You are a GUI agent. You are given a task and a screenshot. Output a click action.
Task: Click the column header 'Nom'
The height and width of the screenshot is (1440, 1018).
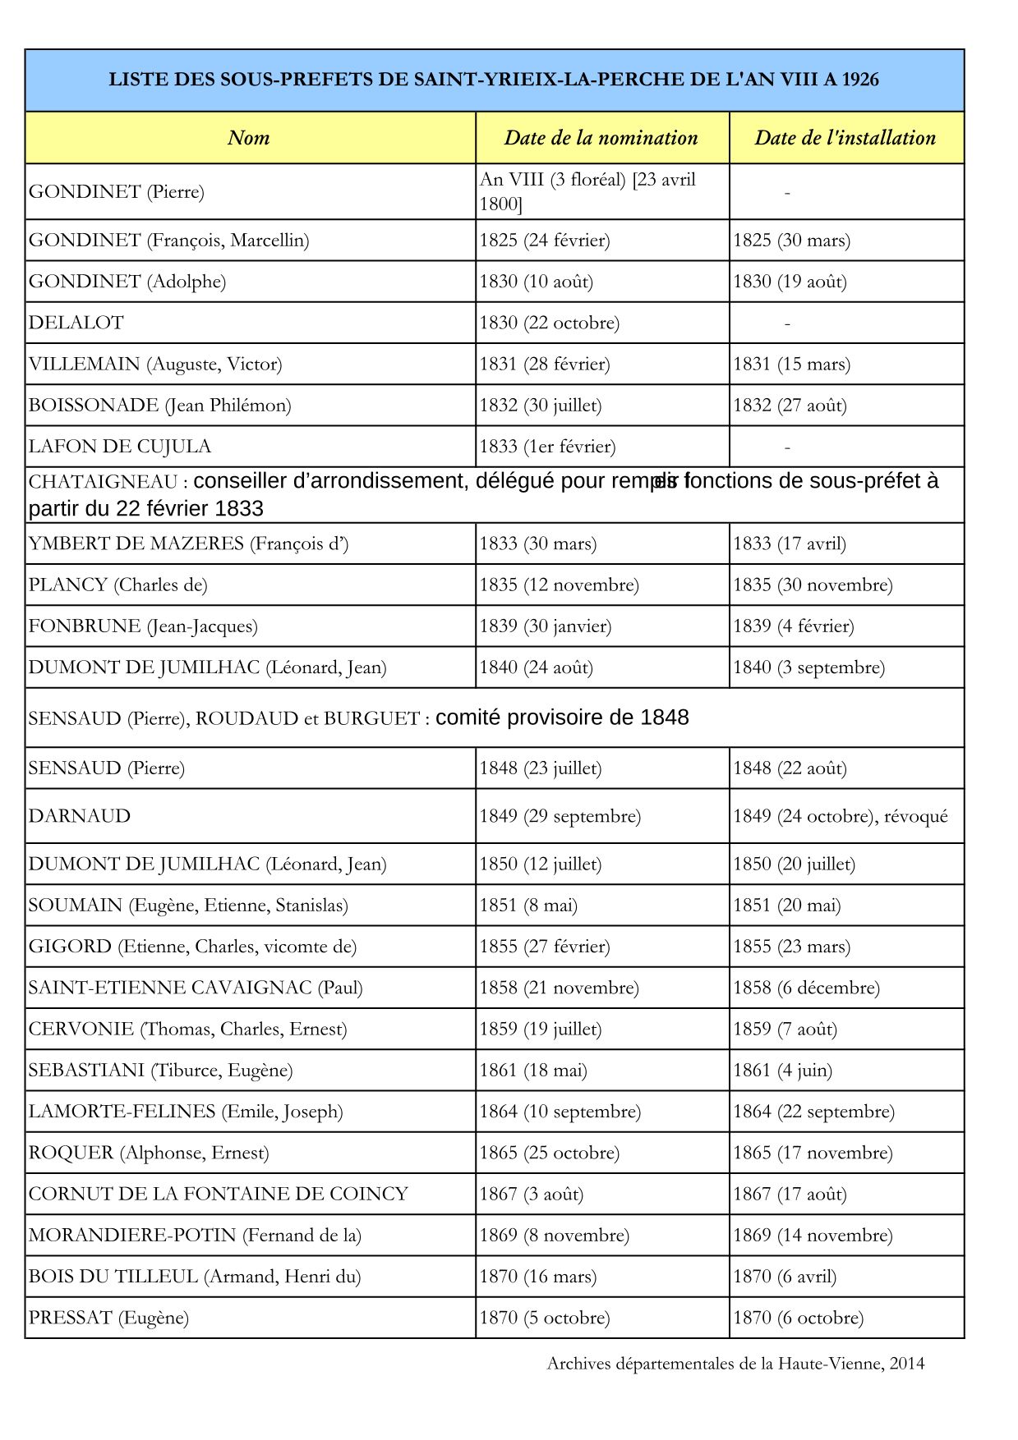point(248,138)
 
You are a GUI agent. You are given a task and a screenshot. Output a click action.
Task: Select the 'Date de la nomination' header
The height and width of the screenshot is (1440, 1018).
point(601,138)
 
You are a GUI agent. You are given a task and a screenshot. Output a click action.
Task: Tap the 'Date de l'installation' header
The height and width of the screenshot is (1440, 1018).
point(845,138)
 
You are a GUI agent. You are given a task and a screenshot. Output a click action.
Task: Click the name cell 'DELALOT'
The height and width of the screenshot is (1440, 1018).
point(76,323)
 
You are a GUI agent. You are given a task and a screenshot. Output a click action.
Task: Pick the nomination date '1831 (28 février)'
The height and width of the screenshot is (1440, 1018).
point(545,364)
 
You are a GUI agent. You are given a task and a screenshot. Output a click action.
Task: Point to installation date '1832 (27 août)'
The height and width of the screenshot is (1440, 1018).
point(790,405)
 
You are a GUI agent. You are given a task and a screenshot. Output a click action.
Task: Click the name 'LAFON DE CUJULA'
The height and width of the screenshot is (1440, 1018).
point(120,447)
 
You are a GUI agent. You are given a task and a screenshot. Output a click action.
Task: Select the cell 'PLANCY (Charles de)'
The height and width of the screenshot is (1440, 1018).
point(118,585)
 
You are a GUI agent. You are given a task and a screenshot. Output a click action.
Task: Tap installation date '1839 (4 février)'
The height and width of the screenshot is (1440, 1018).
point(794,626)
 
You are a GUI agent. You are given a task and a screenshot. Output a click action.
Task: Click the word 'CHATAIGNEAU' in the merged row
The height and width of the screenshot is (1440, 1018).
point(103,481)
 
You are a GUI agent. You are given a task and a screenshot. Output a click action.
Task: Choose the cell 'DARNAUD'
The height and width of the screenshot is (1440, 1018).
point(80,816)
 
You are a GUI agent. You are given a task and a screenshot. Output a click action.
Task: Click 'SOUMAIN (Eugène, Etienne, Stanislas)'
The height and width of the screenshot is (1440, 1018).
point(188,906)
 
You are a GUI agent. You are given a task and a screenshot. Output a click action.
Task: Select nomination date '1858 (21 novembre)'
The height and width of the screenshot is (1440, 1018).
point(559,988)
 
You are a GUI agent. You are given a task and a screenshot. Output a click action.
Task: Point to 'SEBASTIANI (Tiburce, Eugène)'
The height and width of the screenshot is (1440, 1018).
point(160,1071)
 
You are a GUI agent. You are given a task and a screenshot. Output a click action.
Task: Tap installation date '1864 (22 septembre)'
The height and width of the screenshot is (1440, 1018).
point(813,1112)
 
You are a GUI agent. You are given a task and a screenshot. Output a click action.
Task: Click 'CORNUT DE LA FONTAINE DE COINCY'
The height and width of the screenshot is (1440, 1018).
point(219,1194)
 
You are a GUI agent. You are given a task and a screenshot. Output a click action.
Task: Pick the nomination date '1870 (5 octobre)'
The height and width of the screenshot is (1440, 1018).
point(545,1318)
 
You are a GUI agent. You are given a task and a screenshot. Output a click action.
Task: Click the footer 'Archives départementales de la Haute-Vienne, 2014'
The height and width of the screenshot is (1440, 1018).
point(735,1364)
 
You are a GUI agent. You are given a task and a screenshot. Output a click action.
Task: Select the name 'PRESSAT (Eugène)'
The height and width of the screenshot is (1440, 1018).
point(108,1318)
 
